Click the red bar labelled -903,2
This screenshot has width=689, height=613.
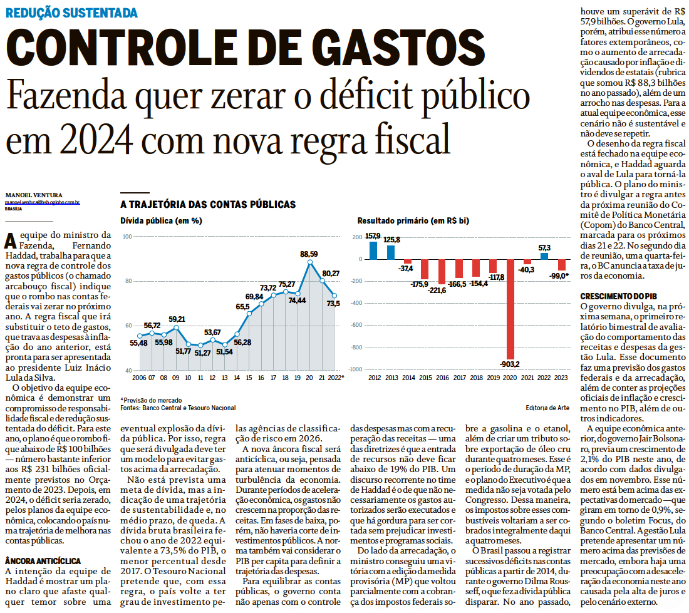510,307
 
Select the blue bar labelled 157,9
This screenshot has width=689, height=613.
373,250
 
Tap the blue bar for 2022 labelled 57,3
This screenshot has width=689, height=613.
544,255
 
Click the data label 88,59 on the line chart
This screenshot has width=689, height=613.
309,254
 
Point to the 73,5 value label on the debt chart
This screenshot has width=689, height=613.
333,303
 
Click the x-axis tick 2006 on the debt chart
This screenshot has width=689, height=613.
138,378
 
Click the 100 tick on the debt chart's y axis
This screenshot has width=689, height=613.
127,236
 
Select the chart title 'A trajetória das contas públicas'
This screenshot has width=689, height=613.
208,205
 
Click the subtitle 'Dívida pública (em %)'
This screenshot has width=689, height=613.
161,221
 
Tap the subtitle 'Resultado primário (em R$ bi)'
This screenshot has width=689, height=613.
413,221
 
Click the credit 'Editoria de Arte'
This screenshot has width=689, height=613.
547,408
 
